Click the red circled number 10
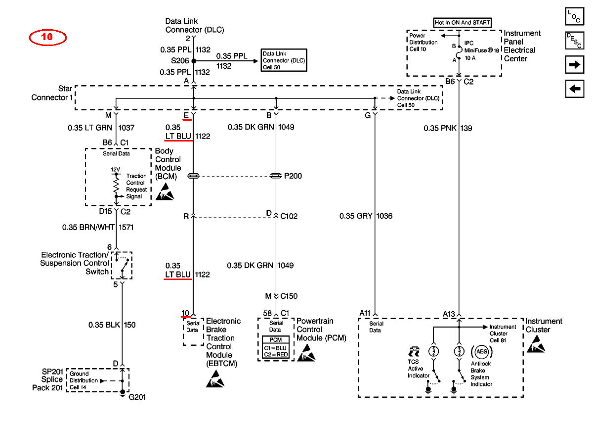click(x=47, y=37)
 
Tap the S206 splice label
click(x=180, y=61)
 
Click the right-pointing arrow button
click(x=574, y=65)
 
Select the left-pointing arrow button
click(x=574, y=89)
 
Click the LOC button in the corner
click(x=574, y=16)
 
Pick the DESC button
click(x=574, y=41)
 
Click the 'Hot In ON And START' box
click(x=462, y=23)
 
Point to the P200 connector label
click(x=293, y=176)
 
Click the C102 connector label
click(x=289, y=216)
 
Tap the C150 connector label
click(x=289, y=296)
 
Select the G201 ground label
click(x=137, y=397)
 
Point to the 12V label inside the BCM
click(x=115, y=170)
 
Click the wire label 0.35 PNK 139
click(x=448, y=128)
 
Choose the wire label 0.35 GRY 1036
click(x=366, y=216)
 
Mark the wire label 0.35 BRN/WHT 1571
click(x=98, y=227)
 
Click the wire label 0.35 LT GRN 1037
click(x=101, y=128)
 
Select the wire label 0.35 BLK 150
click(x=112, y=325)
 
